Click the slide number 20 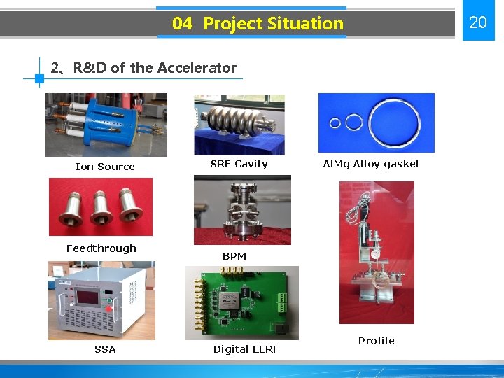pyautogui.click(x=477, y=22)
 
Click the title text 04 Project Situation pyautogui.click(x=258, y=24)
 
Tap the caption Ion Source pyautogui.click(x=105, y=167)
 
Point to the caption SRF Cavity pyautogui.click(x=239, y=164)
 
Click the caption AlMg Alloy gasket pyautogui.click(x=371, y=164)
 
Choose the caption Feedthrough pyautogui.click(x=101, y=248)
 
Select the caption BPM pyautogui.click(x=234, y=256)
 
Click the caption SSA pyautogui.click(x=105, y=349)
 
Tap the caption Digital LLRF pyautogui.click(x=246, y=349)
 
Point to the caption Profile pyautogui.click(x=377, y=341)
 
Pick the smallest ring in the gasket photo pyautogui.click(x=335, y=123)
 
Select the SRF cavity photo pyautogui.click(x=239, y=125)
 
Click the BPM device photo pyautogui.click(x=242, y=210)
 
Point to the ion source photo pyautogui.click(x=106, y=125)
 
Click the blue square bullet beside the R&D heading pyautogui.click(x=39, y=79)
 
